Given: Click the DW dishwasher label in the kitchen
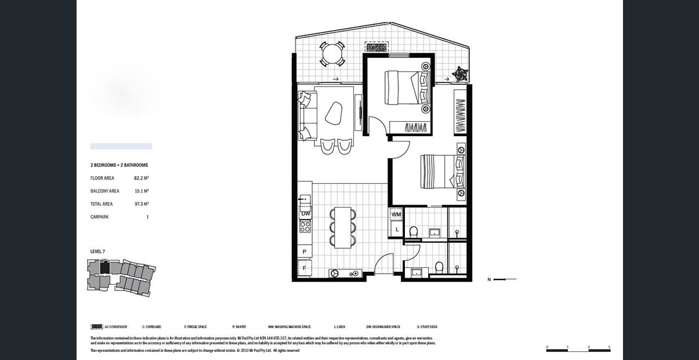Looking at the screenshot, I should [305, 214].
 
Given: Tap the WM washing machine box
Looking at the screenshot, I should [396, 214].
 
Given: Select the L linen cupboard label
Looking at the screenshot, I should [397, 230].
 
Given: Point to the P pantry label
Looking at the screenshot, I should [305, 252].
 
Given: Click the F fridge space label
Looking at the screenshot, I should [305, 268].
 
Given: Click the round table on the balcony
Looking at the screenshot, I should [332, 54].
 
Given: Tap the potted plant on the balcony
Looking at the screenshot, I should [460, 74].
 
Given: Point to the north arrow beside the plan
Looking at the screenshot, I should [502, 279].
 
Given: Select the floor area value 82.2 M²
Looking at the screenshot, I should [142, 179].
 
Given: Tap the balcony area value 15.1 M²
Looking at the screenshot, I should [142, 191].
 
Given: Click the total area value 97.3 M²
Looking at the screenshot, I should [142, 204].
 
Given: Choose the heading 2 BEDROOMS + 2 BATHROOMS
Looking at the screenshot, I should [119, 165].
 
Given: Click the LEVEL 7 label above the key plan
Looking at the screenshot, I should [97, 252].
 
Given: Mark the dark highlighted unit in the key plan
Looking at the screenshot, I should [105, 268].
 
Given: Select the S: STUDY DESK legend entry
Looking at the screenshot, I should [427, 327].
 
